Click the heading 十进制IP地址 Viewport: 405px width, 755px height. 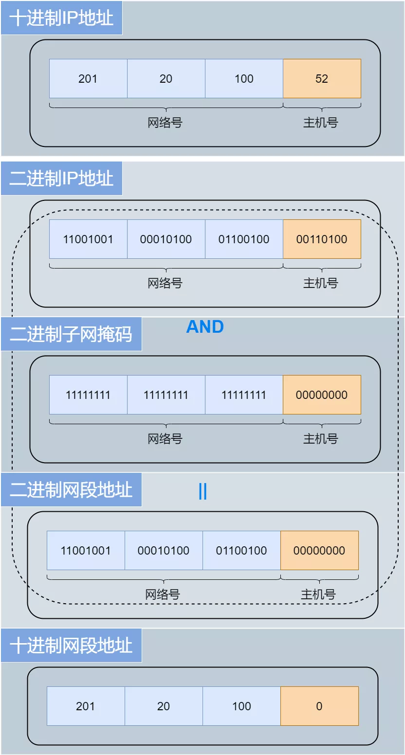(61, 18)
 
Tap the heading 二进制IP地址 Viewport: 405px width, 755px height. (61, 179)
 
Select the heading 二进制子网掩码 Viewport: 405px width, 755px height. (71, 334)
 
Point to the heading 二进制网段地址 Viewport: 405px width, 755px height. (71, 490)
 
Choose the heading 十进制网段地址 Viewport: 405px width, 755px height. (71, 646)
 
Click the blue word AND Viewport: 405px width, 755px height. (205, 327)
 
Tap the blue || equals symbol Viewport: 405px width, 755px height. (203, 492)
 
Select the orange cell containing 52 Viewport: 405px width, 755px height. (322, 79)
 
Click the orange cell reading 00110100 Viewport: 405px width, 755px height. (322, 239)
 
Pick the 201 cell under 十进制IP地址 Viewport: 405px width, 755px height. (88, 79)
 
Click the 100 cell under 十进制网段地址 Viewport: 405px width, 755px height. (241, 706)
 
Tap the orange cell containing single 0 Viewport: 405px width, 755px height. (319, 706)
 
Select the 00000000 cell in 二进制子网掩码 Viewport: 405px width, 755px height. (322, 395)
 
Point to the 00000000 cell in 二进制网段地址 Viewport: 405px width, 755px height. (319, 551)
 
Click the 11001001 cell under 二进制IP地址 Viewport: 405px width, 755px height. (88, 239)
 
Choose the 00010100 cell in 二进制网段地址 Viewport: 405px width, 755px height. (164, 551)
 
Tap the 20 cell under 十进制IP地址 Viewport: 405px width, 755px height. (166, 79)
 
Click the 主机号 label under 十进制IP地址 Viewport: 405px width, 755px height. (320, 123)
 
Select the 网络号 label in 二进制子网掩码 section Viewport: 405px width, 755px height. (165, 439)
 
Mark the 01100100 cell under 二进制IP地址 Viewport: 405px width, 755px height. (244, 239)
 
